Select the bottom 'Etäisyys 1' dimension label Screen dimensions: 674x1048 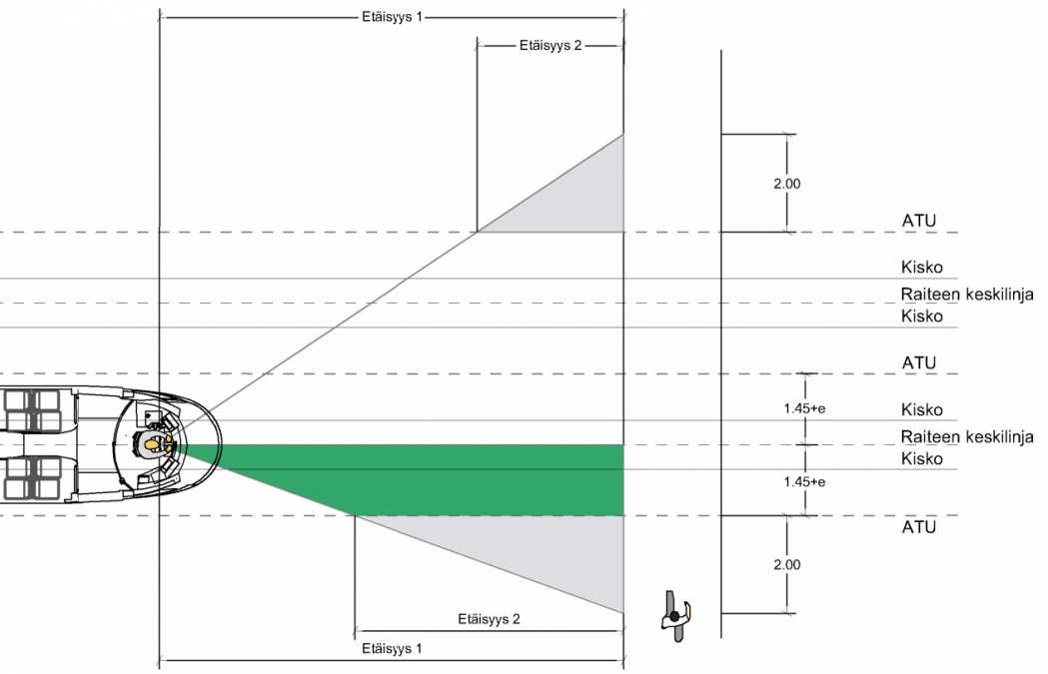click(391, 648)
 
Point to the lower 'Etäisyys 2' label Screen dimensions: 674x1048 click(489, 618)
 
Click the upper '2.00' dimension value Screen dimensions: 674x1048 click(787, 184)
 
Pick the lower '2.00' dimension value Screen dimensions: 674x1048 click(787, 564)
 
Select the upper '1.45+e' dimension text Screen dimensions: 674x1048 click(804, 407)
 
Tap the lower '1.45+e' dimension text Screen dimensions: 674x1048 click(804, 481)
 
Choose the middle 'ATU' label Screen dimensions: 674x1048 click(918, 362)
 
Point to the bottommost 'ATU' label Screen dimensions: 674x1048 click(918, 526)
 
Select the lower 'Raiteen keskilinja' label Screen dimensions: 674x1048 click(966, 436)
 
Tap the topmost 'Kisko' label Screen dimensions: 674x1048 click(921, 268)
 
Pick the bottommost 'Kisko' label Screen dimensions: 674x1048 click(921, 459)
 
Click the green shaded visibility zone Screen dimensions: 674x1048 click(450, 479)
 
